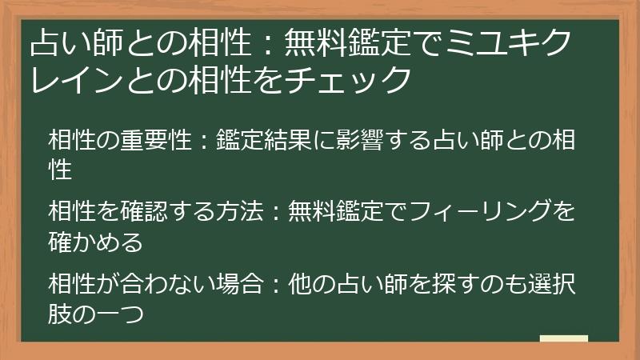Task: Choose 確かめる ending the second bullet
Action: [95, 239]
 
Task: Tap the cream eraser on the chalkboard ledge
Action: [563, 339]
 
